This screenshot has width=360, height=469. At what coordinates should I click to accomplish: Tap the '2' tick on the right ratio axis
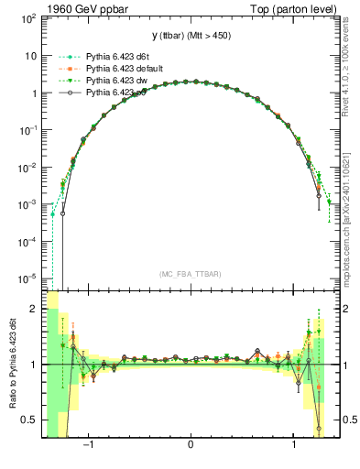[x=345, y=309]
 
